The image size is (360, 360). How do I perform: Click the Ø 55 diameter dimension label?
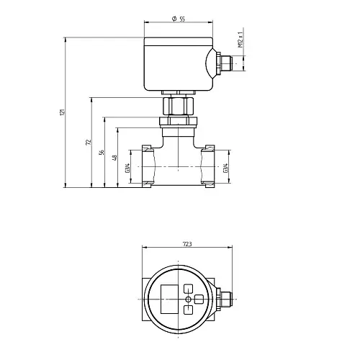point(179,19)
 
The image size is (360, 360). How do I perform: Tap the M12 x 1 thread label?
point(240,40)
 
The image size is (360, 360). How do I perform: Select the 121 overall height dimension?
point(62,112)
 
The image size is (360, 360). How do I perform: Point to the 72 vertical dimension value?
point(89,142)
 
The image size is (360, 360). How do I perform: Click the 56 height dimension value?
point(102,152)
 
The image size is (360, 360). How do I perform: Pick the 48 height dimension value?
point(115,158)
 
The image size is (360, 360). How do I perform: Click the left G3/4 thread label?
point(127,168)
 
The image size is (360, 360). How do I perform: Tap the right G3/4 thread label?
point(225,168)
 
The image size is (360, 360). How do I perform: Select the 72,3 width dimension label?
point(187,244)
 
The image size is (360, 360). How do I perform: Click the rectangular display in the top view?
point(169,299)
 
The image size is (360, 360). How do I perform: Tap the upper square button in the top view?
point(188,289)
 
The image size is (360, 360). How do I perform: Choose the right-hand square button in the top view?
point(199,299)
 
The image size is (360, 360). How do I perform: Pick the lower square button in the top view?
point(188,310)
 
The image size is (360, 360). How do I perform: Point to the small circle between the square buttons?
point(189,300)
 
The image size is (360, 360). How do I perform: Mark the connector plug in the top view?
point(224,300)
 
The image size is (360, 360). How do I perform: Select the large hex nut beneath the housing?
point(178,106)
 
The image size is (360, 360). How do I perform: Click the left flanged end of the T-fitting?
point(147,166)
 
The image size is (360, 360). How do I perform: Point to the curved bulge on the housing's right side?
point(210,63)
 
